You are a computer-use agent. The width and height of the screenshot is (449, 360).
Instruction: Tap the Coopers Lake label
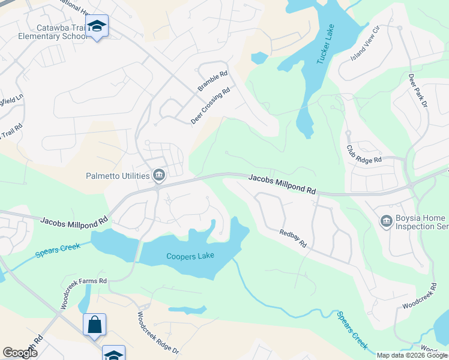190,256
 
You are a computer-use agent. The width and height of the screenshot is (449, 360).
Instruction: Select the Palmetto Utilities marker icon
159,175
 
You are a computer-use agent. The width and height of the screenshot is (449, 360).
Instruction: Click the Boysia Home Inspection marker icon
386,221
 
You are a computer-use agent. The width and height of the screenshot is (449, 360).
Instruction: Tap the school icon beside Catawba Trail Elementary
96,26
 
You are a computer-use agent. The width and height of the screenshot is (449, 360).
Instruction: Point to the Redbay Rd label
293,238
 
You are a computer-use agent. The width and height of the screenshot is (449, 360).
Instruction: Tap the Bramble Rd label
213,82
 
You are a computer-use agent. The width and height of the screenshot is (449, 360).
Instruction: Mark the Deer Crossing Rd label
211,106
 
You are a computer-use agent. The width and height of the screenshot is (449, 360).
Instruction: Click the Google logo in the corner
20,353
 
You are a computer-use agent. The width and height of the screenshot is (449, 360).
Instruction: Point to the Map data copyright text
411,355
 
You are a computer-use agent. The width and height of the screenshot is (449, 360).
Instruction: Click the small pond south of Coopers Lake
187,310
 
